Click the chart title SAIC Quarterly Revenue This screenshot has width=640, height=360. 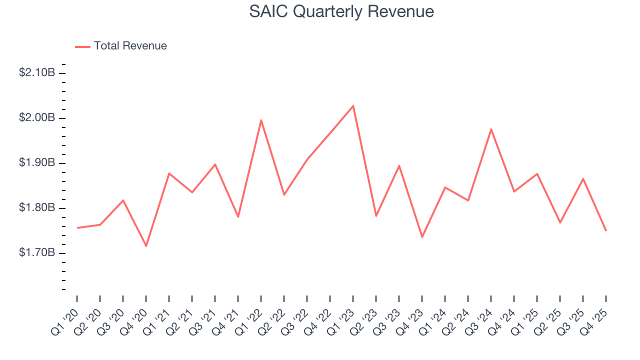coord(341,11)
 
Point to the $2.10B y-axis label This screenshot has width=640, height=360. coord(37,72)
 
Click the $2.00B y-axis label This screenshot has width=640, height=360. coord(37,118)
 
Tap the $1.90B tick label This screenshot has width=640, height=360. coord(37,163)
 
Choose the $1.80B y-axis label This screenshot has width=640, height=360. coord(37,208)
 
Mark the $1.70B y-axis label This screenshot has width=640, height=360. coord(37,253)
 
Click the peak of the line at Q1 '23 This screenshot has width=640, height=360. coord(353,106)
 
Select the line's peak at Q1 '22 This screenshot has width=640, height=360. coord(261,120)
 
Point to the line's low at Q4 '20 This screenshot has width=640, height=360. coord(146,246)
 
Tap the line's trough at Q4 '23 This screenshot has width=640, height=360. coord(422,237)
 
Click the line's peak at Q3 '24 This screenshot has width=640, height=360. coord(491,129)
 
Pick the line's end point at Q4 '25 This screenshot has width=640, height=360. coord(606,230)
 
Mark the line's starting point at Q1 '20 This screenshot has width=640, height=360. coord(77,228)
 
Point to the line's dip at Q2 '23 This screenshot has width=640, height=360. coord(376,216)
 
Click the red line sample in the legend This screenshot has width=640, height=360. coord(82,46)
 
